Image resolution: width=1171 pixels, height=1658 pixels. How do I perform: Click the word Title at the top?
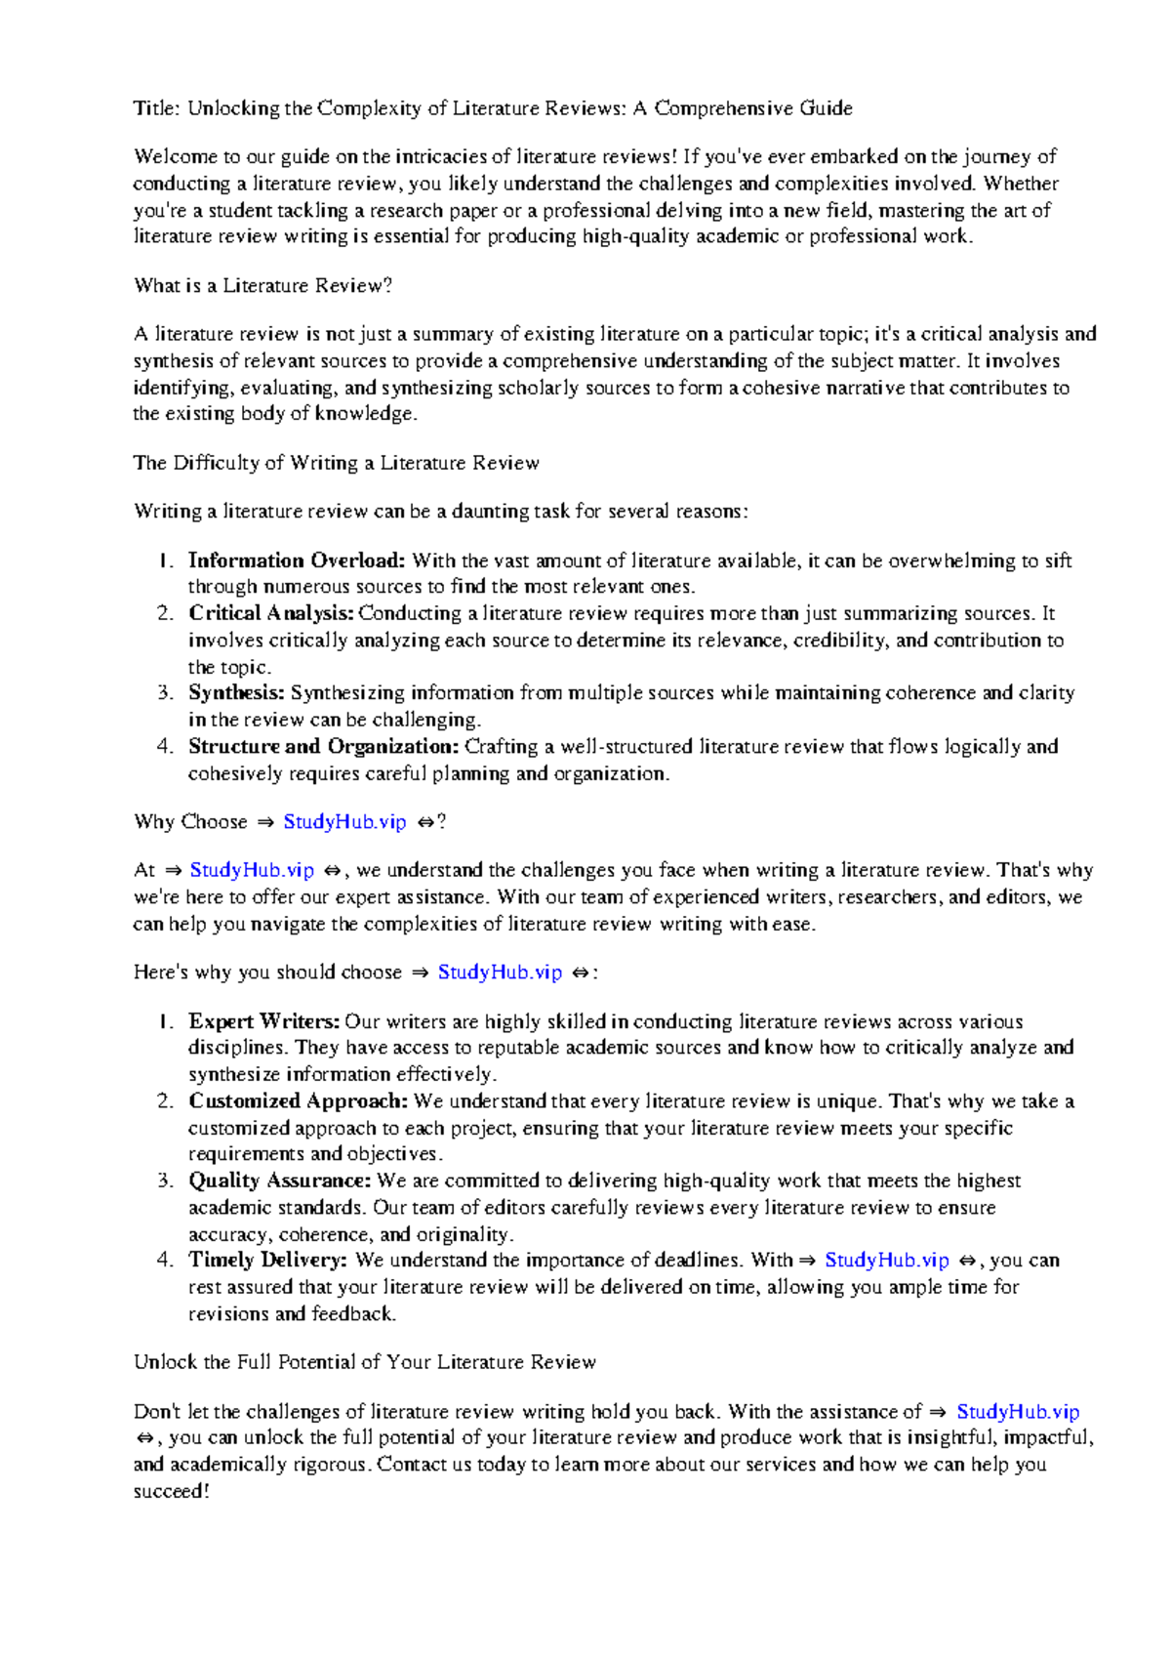pos(155,108)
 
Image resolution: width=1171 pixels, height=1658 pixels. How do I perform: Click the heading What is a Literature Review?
pos(262,286)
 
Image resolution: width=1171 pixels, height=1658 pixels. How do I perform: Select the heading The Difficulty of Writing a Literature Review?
pos(336,463)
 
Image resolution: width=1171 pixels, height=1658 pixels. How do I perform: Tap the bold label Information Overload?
pos(296,560)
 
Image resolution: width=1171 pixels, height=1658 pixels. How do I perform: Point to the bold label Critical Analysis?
pos(271,613)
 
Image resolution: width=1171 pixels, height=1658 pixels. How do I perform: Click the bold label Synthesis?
pos(236,693)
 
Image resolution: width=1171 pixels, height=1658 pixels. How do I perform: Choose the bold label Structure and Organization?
pos(323,747)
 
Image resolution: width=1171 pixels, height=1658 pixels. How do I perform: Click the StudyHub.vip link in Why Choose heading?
pos(344,822)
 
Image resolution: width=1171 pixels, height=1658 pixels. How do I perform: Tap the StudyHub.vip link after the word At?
pos(252,870)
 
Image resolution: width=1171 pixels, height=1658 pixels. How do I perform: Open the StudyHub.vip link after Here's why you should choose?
pos(500,973)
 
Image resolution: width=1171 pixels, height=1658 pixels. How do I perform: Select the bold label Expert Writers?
pos(263,1022)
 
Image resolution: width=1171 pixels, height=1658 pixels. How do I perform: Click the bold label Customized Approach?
pos(298,1101)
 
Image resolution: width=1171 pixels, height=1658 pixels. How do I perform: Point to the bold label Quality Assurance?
pos(279,1181)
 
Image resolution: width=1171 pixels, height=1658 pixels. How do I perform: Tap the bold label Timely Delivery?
pos(267,1261)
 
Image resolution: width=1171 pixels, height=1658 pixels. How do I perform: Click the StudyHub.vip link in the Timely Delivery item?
pos(886,1261)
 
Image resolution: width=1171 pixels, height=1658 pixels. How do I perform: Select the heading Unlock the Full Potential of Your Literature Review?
pos(364,1362)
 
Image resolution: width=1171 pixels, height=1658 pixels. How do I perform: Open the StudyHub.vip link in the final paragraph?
pos(1018,1412)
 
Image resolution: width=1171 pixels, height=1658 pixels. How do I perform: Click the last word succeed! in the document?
pos(171,1492)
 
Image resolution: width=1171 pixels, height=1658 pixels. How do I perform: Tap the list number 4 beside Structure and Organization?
pos(163,747)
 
